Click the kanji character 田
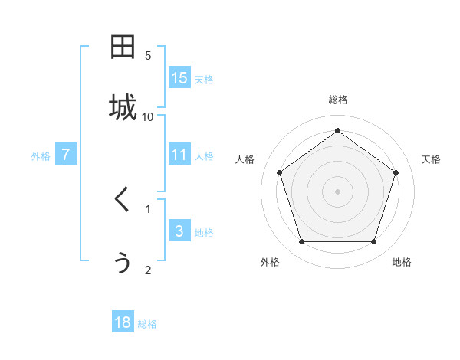(123, 48)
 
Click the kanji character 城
(123, 108)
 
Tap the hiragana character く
(123, 201)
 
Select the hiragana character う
(123, 262)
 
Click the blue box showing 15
(179, 78)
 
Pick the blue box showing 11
(179, 155)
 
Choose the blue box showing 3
(179, 231)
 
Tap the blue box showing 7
(66, 155)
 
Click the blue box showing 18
(123, 322)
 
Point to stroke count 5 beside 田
(148, 55)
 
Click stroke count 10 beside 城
(148, 116)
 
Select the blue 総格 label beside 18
(147, 324)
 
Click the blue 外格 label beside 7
(41, 156)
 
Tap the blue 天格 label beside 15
(204, 80)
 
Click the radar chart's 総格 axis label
(337, 100)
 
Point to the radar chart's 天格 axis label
(432, 159)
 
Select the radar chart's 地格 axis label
(402, 263)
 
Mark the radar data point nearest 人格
(280, 173)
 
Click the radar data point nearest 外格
(301, 242)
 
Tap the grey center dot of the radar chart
(337, 191)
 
